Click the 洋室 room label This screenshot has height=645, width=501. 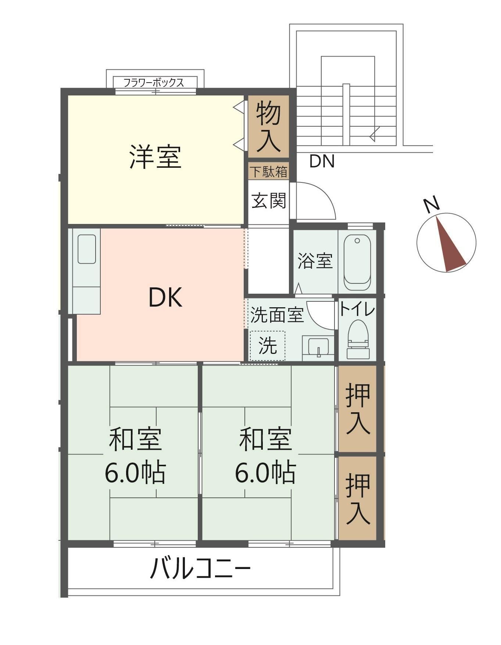click(x=155, y=157)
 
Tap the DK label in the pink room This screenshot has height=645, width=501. click(x=165, y=298)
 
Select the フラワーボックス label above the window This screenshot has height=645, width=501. click(x=154, y=83)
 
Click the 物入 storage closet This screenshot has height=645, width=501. click(x=268, y=127)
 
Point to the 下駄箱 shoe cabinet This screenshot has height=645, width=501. click(x=268, y=171)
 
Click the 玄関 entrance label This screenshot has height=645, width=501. click(x=268, y=201)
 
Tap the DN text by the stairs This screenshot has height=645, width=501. click(x=322, y=162)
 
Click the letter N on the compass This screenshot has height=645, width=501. click(x=431, y=205)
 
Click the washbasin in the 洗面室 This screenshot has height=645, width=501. click(x=318, y=347)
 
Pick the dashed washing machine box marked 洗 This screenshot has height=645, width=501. click(x=268, y=345)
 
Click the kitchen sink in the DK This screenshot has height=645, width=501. click(x=87, y=249)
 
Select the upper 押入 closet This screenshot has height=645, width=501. click(x=357, y=409)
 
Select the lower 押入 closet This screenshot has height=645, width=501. click(x=357, y=499)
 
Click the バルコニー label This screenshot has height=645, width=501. click(x=201, y=568)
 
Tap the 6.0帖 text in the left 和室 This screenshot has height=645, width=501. click(x=135, y=472)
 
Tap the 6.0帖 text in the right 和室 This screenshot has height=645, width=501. click(x=265, y=472)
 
